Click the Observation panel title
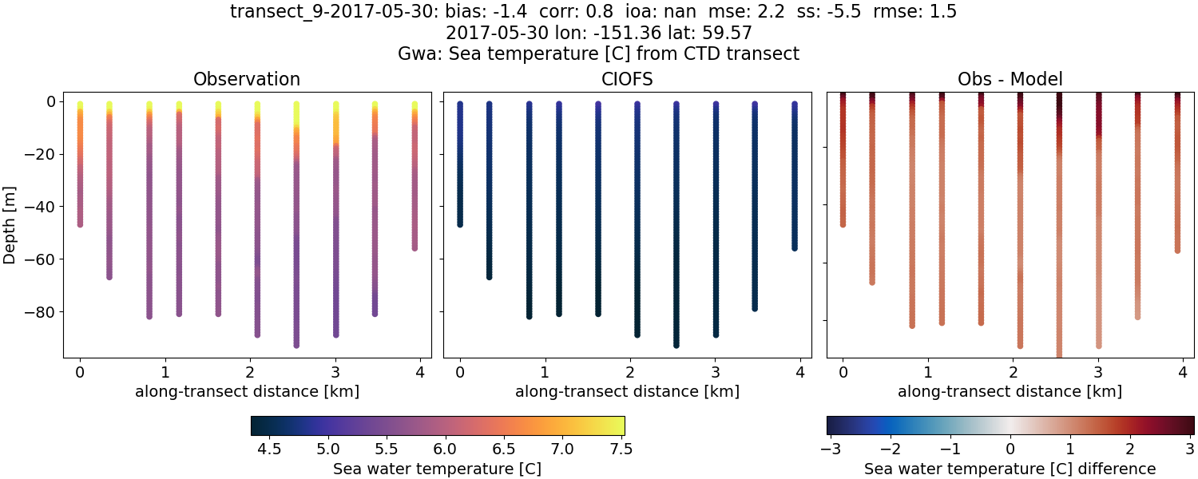pyautogui.click(x=247, y=79)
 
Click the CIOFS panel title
pyautogui.click(x=627, y=79)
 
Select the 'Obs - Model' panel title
pyautogui.click(x=1010, y=79)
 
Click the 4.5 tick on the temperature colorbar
pyautogui.click(x=270, y=449)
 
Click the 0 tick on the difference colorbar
pyautogui.click(x=1010, y=449)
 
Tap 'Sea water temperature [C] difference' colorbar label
pyautogui.click(x=1010, y=469)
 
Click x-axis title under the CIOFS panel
pyautogui.click(x=627, y=392)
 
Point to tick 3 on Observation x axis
pyautogui.click(x=335, y=371)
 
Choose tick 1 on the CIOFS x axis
pyautogui.click(x=545, y=371)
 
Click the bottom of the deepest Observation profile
pyautogui.click(x=296, y=345)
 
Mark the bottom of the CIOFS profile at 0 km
pyautogui.click(x=460, y=224)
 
